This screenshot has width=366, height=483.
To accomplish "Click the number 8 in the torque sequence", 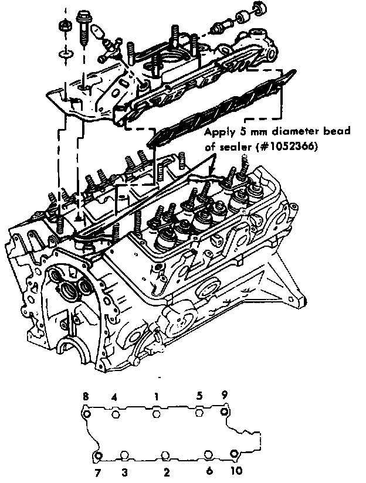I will pyautogui.click(x=86, y=397).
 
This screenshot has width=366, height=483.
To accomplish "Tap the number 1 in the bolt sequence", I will pyautogui.click(x=156, y=397).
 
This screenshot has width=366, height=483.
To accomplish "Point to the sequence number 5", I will pyautogui.click(x=199, y=397).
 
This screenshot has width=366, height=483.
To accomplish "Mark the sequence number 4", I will pyautogui.click(x=115, y=397).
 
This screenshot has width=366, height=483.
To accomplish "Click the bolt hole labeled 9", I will pyautogui.click(x=223, y=412).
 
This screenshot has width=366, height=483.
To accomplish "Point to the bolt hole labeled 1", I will pyautogui.click(x=156, y=414).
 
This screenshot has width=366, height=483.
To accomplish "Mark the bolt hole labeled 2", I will pyautogui.click(x=166, y=455).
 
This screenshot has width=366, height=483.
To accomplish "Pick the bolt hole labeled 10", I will pyautogui.click(x=234, y=454).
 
